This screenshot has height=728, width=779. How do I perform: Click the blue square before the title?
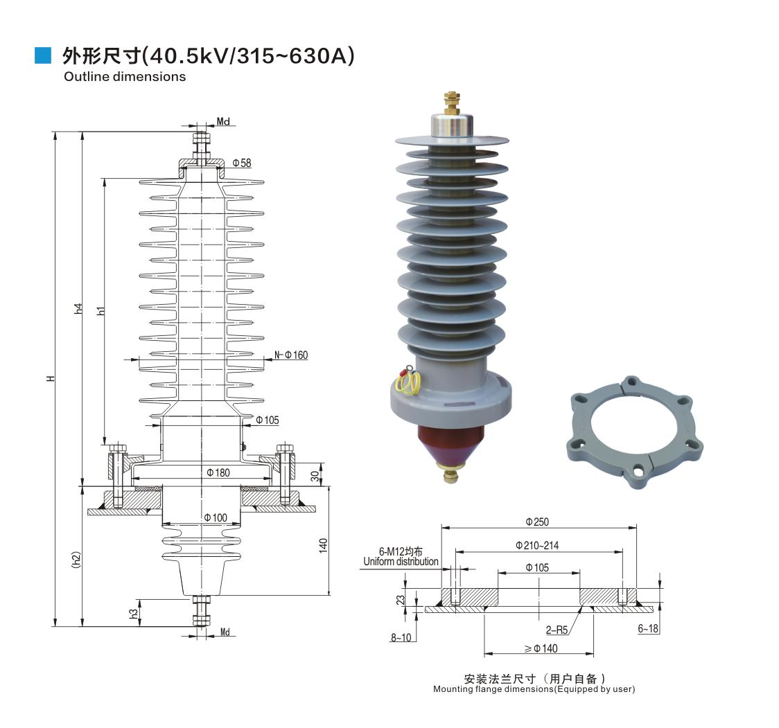tap(43, 56)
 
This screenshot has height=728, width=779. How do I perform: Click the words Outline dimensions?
tap(125, 77)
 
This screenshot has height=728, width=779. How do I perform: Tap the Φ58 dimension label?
tap(241, 163)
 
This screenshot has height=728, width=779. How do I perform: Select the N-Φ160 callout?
tap(291, 355)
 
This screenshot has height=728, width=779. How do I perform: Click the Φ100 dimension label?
tap(216, 518)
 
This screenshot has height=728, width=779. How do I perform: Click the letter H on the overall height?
tap(51, 379)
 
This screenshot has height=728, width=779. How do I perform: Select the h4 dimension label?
tap(78, 310)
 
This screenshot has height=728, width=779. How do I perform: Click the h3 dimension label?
tap(134, 613)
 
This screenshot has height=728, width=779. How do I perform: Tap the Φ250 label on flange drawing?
tap(536, 522)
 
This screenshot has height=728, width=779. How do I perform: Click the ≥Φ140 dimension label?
tap(541, 648)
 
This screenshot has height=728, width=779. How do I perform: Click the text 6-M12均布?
tap(401, 551)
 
